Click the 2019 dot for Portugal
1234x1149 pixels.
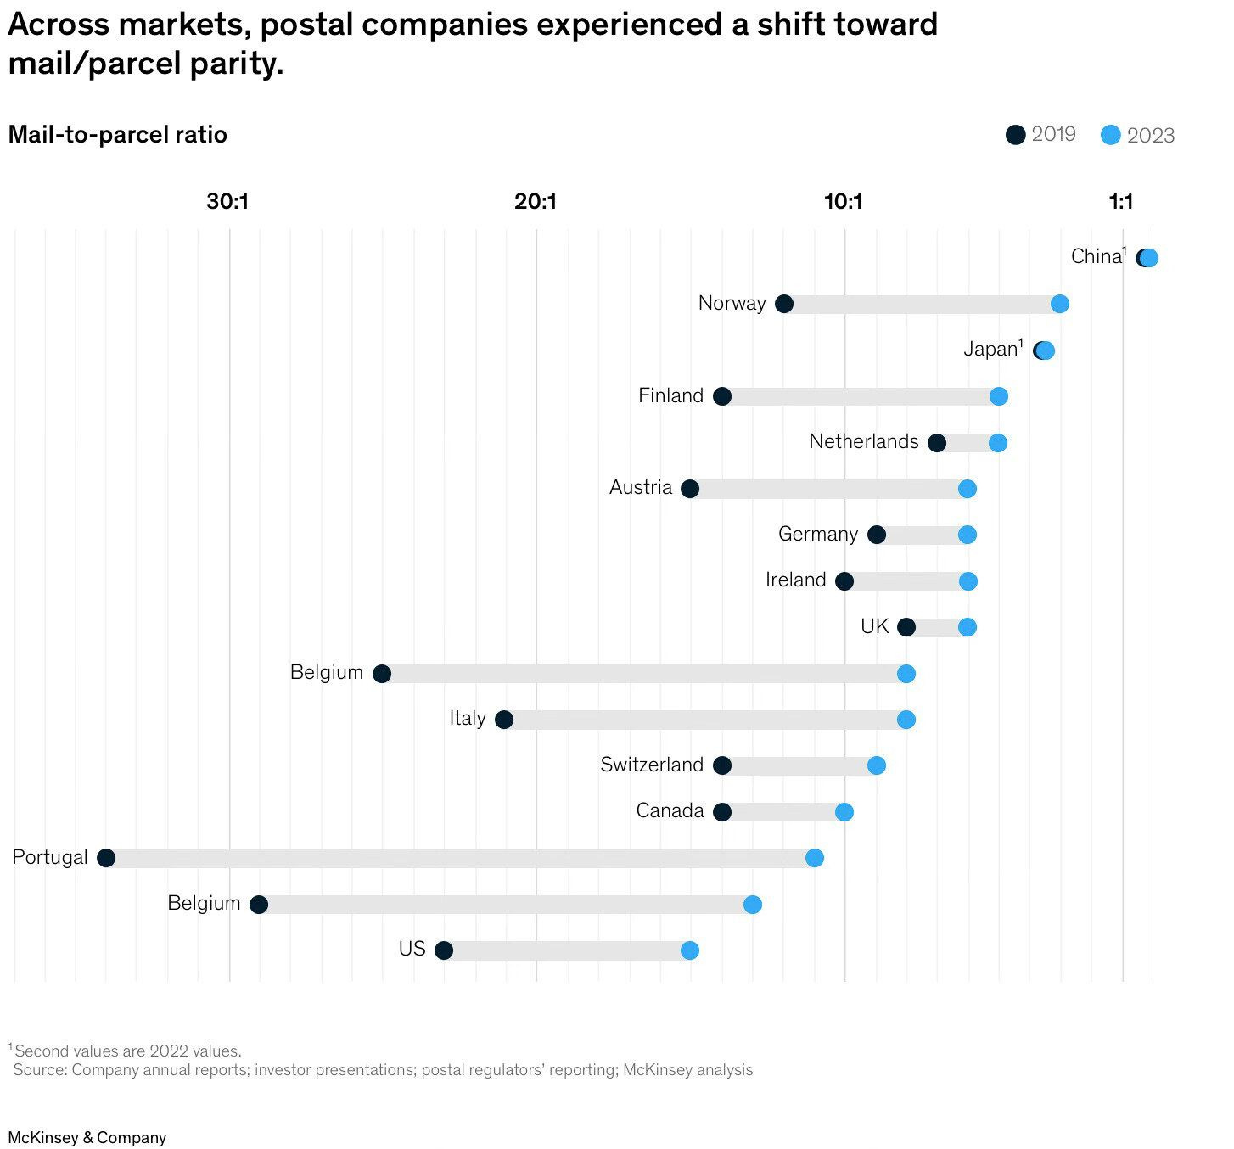click(106, 858)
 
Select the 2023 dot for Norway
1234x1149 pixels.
click(1059, 304)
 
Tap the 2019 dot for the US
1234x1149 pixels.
click(443, 950)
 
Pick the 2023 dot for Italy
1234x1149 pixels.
click(906, 720)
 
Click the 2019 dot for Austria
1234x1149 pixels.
click(690, 489)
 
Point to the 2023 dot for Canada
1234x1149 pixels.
click(844, 812)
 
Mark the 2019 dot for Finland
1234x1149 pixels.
click(722, 396)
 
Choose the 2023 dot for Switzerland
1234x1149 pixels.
click(877, 765)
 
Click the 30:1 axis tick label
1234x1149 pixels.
click(227, 202)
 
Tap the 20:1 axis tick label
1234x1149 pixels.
click(536, 202)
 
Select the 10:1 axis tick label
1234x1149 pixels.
click(844, 202)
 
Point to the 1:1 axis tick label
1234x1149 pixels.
click(1121, 202)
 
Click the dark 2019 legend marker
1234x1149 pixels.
click(1015, 135)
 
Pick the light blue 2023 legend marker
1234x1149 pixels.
click(1110, 135)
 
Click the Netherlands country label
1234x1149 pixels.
click(863, 441)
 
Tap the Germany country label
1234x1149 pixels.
click(818, 534)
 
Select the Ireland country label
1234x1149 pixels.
click(795, 580)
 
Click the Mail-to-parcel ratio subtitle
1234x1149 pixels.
click(118, 135)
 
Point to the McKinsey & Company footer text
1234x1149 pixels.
click(87, 1138)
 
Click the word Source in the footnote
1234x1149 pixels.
click(40, 1070)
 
